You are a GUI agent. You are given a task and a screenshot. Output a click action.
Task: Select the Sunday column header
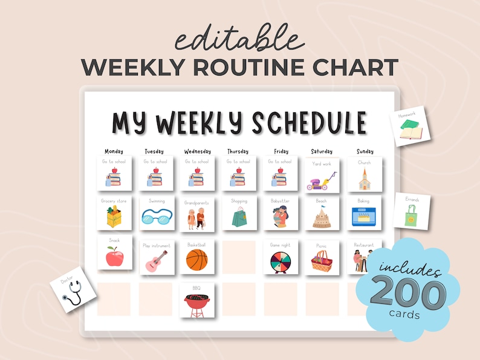(365, 151)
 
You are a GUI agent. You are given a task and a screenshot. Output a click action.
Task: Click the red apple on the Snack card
(114, 257)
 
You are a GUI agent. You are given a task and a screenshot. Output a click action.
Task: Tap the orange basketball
(196, 260)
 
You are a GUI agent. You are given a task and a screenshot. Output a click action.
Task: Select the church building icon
(364, 179)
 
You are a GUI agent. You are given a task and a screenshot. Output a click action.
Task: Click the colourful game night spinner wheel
(280, 262)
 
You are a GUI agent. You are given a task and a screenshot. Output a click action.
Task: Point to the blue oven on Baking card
(364, 216)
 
